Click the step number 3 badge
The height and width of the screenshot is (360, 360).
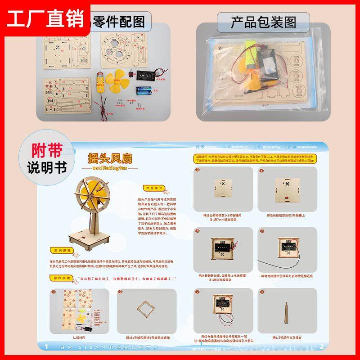pos(198,170)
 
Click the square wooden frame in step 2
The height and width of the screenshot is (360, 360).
pos(147,310)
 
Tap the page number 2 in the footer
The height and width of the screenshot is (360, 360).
pos(322,346)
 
